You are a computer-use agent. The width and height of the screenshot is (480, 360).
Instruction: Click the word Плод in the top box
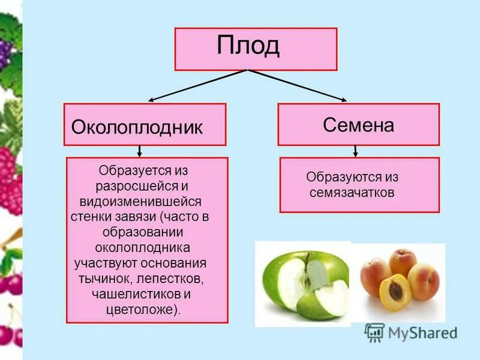coord(248,47)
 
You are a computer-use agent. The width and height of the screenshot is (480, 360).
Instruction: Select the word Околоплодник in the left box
coord(137,127)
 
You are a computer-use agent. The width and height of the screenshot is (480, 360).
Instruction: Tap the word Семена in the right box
coord(358,125)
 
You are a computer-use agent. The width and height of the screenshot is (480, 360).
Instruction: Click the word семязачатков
coord(352,193)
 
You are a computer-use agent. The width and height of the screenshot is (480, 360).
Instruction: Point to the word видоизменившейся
coord(146,201)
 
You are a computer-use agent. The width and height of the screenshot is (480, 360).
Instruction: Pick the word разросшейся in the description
coord(136,186)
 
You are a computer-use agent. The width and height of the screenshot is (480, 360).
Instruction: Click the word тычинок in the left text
coord(103,279)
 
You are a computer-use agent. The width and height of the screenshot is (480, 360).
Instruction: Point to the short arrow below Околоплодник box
coord(140,151)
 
